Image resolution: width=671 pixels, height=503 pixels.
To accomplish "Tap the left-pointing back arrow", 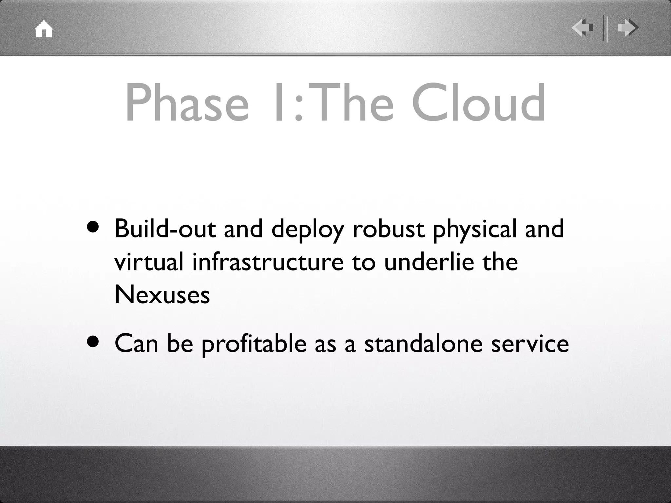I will [x=582, y=28].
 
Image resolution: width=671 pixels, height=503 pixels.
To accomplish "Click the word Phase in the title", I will [x=187, y=102].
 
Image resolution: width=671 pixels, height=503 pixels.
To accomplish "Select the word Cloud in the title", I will [x=478, y=102].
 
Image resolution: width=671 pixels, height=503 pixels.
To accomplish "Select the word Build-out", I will [x=165, y=229].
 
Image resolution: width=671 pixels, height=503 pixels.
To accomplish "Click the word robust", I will [x=389, y=229].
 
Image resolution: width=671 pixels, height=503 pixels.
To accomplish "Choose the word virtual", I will [x=149, y=262].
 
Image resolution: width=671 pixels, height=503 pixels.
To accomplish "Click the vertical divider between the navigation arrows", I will [x=605, y=28].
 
